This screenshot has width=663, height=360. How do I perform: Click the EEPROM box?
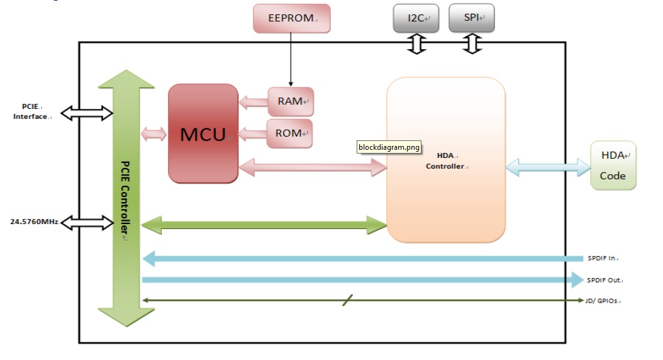(x=291, y=18)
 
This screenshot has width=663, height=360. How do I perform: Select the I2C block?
(x=416, y=18)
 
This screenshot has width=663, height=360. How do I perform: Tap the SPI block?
(x=471, y=18)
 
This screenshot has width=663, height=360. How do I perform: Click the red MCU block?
(x=203, y=133)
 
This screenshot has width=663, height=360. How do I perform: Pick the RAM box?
(x=290, y=101)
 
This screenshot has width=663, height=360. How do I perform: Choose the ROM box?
(x=289, y=133)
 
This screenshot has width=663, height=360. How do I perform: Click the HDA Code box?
(x=613, y=166)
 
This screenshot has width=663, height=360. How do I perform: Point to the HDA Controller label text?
(x=445, y=160)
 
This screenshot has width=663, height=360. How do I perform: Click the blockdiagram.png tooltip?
(x=389, y=147)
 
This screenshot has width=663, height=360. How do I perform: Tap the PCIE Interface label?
(x=31, y=112)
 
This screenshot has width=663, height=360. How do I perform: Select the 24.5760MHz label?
(x=35, y=222)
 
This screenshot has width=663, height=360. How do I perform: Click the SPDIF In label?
(x=603, y=258)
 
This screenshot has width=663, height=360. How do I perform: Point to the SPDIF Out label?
(x=604, y=280)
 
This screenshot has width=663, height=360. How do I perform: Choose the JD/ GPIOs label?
(x=603, y=301)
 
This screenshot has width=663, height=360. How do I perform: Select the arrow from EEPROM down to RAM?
(x=291, y=60)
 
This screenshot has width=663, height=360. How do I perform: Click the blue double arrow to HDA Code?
(x=548, y=167)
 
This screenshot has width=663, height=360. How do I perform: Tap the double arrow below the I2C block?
(x=416, y=43)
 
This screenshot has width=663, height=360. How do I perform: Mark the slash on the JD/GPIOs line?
(x=347, y=300)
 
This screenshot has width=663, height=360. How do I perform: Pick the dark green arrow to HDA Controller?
(x=264, y=224)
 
